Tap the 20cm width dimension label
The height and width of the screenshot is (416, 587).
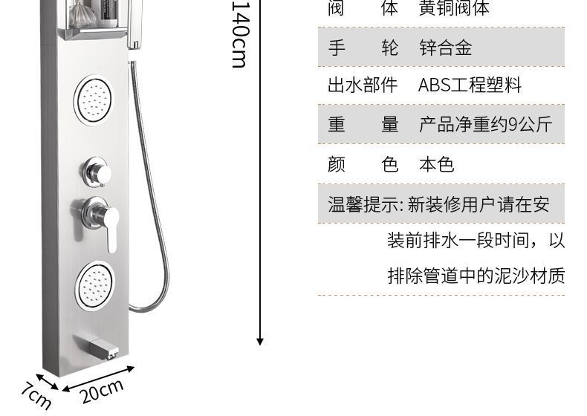(102, 391)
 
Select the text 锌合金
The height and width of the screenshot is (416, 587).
(445, 48)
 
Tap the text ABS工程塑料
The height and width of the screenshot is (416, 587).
(470, 85)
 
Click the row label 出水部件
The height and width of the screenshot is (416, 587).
(363, 85)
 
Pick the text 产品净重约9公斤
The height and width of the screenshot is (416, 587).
(485, 125)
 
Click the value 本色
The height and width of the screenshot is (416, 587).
(436, 164)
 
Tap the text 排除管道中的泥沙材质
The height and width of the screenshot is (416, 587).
(476, 277)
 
